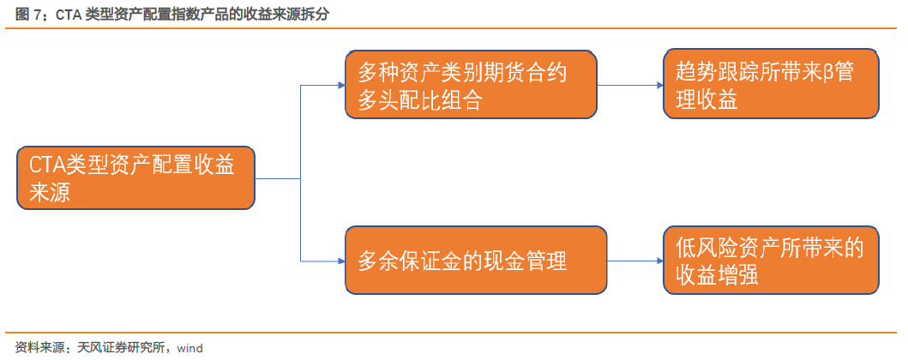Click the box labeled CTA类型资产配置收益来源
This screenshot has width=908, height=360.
(x=135, y=177)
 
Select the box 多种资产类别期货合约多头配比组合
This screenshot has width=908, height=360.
(x=471, y=85)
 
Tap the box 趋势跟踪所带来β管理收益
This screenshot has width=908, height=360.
(x=771, y=84)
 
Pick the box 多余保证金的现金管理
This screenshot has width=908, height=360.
(x=475, y=261)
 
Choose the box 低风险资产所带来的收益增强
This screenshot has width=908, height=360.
(x=771, y=260)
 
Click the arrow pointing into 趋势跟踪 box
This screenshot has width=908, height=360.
(x=630, y=85)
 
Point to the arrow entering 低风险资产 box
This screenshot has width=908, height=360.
(x=634, y=261)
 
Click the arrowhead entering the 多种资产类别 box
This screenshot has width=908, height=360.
(x=341, y=85)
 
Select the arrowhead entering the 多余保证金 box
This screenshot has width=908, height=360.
(x=341, y=261)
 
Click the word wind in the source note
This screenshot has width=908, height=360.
(x=189, y=348)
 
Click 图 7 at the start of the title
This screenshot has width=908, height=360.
(x=27, y=15)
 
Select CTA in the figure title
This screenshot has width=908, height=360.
(x=69, y=15)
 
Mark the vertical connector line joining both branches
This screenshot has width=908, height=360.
(x=301, y=173)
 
